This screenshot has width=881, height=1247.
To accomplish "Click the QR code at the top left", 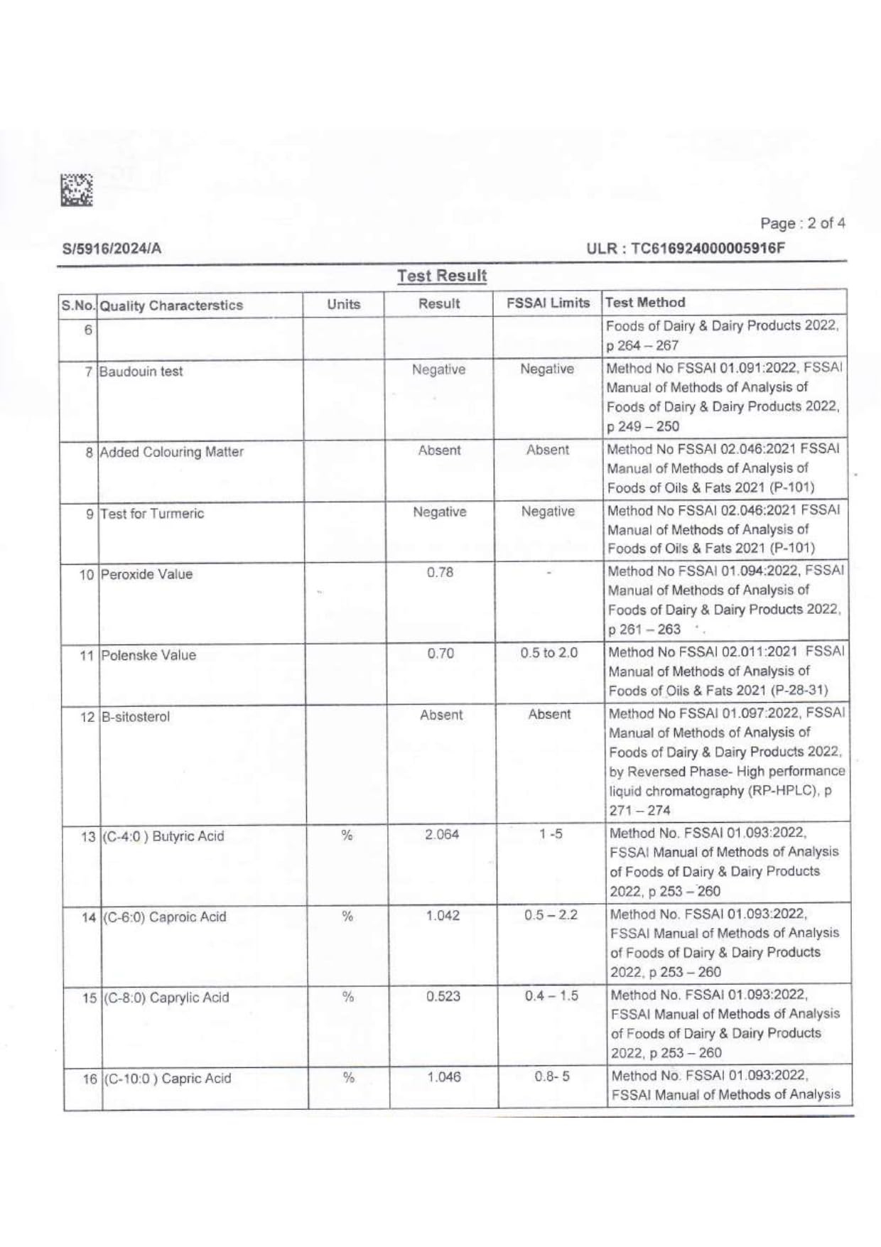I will tap(77, 190).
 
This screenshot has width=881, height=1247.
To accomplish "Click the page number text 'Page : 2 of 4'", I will tap(802, 223).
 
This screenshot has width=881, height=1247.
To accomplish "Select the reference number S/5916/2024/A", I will tap(112, 249).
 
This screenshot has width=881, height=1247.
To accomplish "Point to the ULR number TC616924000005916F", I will tap(686, 249).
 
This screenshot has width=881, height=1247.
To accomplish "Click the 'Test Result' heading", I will tap(442, 276).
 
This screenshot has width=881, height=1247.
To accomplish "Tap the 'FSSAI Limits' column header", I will tap(548, 303).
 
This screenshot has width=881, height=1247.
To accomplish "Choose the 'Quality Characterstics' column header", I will tap(171, 306).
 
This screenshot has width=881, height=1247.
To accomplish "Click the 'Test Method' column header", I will tap(645, 302).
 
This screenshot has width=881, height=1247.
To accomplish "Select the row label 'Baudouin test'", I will tap(141, 372).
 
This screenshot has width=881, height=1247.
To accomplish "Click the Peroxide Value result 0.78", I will tap(440, 573).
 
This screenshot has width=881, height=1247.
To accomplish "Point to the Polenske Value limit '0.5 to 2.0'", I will tap(548, 653).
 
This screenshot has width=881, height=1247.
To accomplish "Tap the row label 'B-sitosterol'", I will tap(136, 717).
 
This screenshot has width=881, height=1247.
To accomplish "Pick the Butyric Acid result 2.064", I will tap(442, 834).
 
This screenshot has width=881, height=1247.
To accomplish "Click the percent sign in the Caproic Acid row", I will tap(347, 917).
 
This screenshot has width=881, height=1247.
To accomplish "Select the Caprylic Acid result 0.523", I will tap(443, 996).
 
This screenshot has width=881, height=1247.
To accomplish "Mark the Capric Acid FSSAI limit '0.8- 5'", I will tap(551, 1077).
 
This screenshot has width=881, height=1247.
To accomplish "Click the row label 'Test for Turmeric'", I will tap(152, 514).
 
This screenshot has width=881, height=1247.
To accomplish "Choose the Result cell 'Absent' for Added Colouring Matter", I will tap(439, 450).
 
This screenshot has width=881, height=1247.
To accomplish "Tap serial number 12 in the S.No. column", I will tap(87, 717).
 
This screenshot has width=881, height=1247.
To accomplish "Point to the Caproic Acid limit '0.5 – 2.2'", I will tap(551, 915).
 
